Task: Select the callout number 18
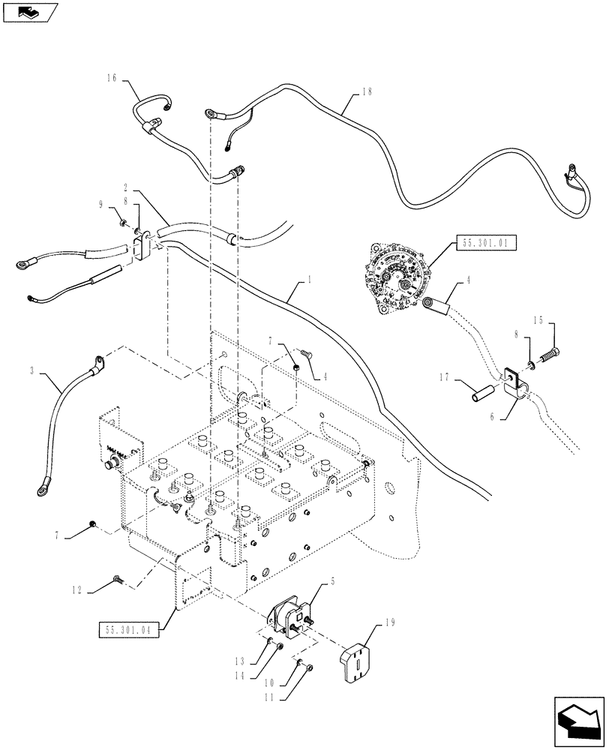pyautogui.click(x=366, y=91)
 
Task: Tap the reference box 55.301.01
pyautogui.click(x=485, y=244)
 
